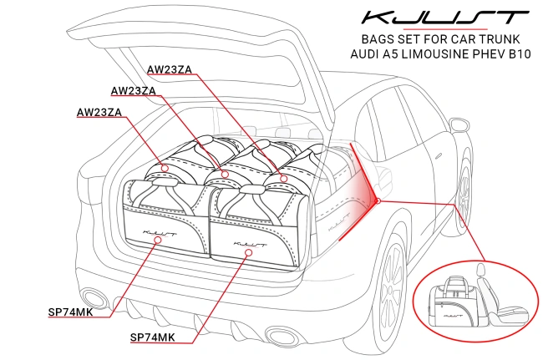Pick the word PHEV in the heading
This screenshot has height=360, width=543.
point(487,54)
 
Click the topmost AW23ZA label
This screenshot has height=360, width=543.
point(170,69)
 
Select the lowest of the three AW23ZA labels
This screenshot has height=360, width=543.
point(99,112)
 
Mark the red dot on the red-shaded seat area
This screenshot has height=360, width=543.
point(378,200)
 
